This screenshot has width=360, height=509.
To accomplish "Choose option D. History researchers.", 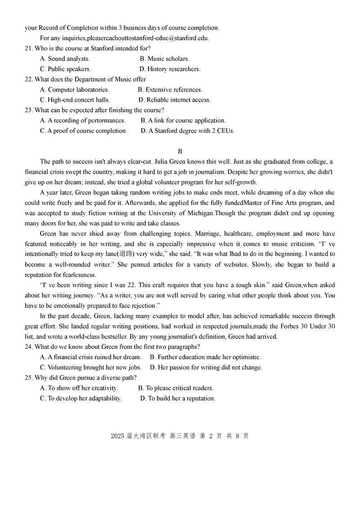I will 170,69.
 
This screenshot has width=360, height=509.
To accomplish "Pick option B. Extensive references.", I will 170,90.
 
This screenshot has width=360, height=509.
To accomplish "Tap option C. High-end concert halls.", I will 75,100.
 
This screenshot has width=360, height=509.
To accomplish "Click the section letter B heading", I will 180,151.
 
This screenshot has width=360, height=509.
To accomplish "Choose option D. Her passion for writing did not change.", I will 206,367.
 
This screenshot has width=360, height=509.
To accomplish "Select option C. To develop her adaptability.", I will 81,398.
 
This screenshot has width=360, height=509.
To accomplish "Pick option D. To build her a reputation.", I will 178,398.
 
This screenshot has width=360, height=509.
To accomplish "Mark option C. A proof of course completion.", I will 83,131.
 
